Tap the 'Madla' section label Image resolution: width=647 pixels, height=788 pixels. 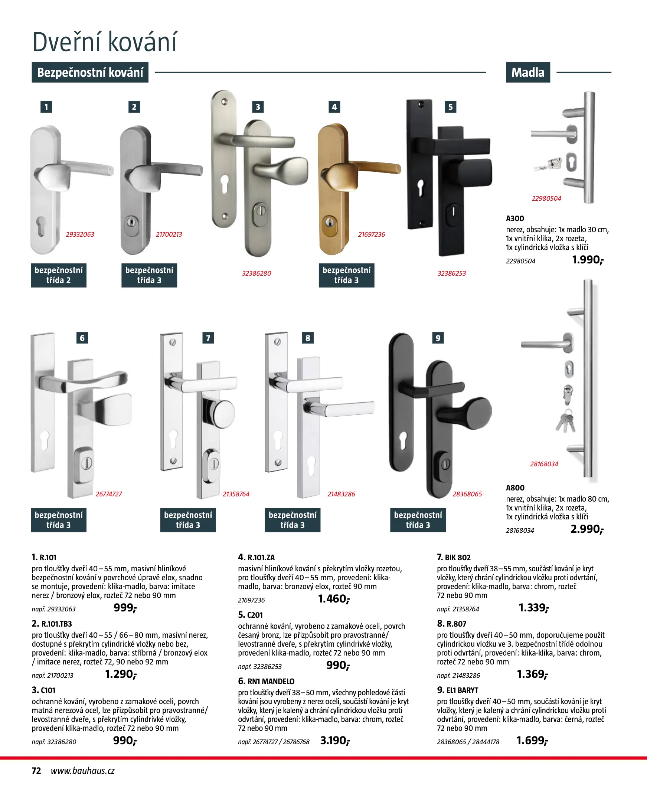(527, 72)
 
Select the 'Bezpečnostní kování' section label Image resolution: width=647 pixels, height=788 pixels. (90, 72)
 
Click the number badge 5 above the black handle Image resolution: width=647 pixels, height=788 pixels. (450, 107)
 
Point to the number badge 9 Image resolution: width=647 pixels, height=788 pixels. (438, 338)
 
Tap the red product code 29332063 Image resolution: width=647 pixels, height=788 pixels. (80, 234)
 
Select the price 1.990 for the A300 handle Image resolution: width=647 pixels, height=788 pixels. (587, 260)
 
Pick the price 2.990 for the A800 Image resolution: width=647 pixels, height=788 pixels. (586, 529)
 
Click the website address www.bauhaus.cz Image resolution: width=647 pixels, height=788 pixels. (83, 771)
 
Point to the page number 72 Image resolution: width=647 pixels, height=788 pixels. (36, 771)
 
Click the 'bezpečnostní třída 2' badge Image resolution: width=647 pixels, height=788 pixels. (59, 275)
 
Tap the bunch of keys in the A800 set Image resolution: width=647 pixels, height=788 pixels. (566, 421)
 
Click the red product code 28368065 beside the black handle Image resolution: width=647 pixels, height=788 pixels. (467, 494)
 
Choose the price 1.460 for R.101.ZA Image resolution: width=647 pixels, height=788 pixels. (334, 599)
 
